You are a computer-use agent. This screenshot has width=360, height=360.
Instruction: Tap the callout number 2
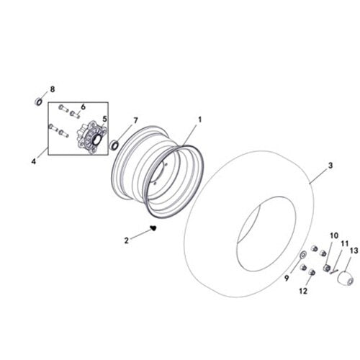pyautogui.click(x=127, y=240)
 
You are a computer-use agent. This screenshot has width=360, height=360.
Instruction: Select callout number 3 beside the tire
pyautogui.click(x=330, y=166)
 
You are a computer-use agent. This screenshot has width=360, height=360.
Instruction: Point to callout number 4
pyautogui.click(x=34, y=161)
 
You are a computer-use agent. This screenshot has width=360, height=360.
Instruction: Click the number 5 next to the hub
pyautogui.click(x=104, y=119)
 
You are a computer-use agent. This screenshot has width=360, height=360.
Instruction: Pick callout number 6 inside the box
pyautogui.click(x=84, y=106)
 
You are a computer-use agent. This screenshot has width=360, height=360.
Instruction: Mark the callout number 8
pyautogui.click(x=52, y=89)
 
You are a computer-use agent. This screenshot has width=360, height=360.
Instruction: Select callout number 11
pyautogui.click(x=343, y=243)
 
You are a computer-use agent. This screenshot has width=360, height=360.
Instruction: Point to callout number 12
pyautogui.click(x=302, y=291)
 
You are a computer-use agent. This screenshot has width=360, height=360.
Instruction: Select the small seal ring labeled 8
pyautogui.click(x=38, y=101)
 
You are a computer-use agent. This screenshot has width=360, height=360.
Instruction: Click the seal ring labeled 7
pyautogui.click(x=114, y=144)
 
